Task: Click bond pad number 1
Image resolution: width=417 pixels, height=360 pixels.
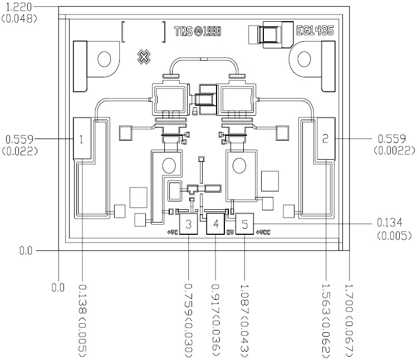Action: point(82,139)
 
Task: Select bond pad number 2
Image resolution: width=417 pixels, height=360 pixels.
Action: point(325,138)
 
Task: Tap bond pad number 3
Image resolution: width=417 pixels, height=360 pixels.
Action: point(189,225)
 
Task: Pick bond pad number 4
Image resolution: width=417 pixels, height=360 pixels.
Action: point(215,225)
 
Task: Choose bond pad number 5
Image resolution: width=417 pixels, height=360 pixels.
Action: point(244,225)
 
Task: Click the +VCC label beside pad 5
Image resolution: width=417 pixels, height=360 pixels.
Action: point(263,231)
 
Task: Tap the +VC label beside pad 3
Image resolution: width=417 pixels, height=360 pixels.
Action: point(172,231)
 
